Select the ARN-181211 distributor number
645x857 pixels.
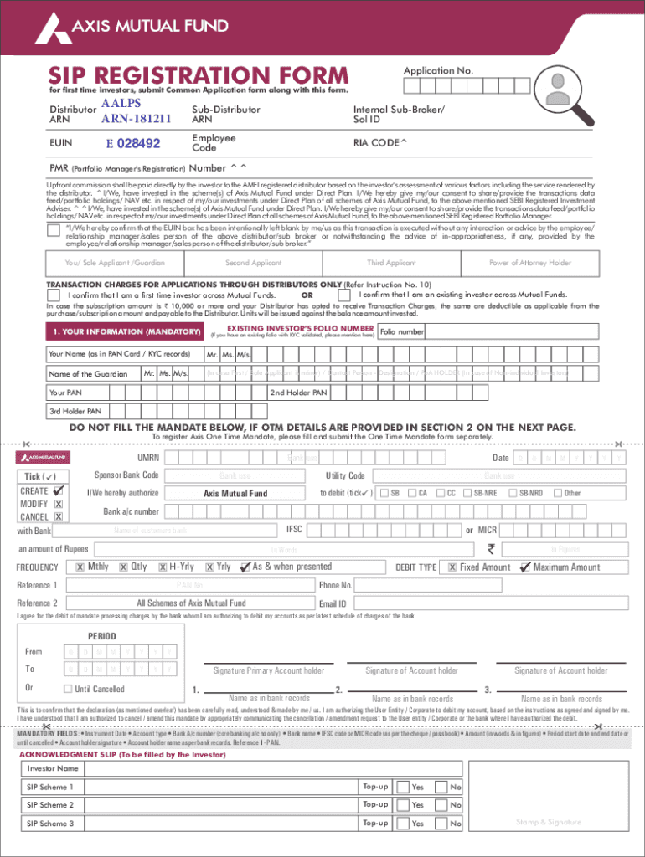[x=137, y=118]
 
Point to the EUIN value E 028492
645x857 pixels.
[x=132, y=144]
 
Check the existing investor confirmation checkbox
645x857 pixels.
[x=343, y=295]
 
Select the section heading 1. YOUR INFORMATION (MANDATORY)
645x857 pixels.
[x=125, y=332]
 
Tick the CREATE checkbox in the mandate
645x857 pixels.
[x=59, y=491]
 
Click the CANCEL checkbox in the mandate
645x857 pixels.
[x=59, y=516]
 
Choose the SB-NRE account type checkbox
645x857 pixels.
[x=467, y=493]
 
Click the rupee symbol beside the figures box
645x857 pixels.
[x=492, y=549]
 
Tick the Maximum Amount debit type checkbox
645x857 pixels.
[x=525, y=567]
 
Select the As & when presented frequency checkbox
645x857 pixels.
[x=245, y=567]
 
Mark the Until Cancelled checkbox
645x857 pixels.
[x=67, y=689]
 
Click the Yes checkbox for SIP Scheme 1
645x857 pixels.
[x=403, y=787]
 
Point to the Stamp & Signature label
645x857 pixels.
[x=549, y=822]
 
